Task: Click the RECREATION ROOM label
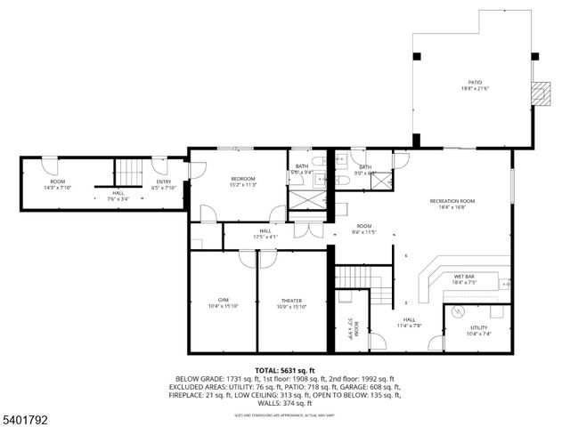click(x=452, y=201)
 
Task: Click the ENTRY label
click(x=164, y=181)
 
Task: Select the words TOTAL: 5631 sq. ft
click(x=285, y=370)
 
